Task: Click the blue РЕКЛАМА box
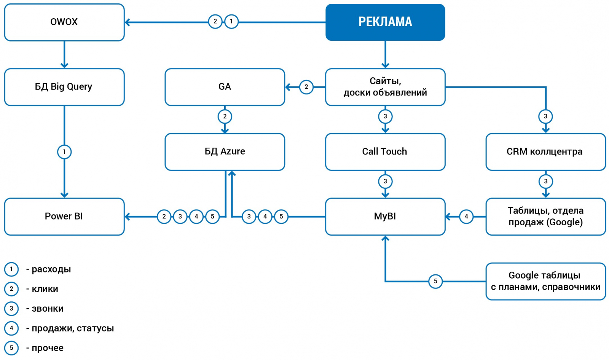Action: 385,22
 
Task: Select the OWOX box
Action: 64,22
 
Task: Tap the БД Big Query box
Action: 64,87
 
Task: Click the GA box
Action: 225,87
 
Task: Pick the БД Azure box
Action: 225,151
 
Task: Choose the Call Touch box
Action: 385,151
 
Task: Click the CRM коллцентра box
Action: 545,151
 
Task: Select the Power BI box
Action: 64,216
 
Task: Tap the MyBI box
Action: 385,216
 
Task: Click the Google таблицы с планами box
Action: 545,281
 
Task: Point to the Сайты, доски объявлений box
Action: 385,87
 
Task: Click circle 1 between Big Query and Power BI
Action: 64,152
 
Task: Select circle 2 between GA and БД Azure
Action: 225,116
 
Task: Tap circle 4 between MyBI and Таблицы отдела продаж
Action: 466,217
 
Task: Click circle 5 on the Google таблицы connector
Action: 435,281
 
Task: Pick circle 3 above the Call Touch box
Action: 385,116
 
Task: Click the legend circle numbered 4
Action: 11,328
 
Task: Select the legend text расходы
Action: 51,269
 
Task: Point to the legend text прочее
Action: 47,348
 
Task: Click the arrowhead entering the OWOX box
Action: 128,22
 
